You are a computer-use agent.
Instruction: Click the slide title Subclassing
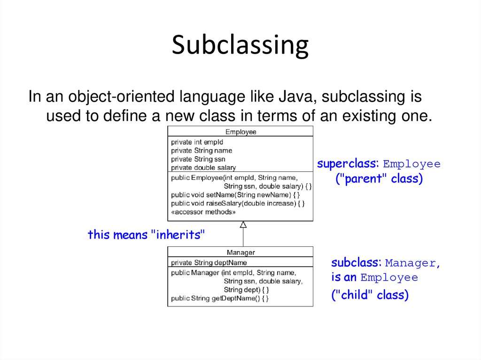point(240,46)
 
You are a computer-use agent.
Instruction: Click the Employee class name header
point(240,132)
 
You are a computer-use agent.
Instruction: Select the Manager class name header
point(240,253)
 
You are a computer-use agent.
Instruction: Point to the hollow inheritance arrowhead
point(243,225)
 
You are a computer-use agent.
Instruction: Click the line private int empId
point(197,142)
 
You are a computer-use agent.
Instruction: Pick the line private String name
point(201,151)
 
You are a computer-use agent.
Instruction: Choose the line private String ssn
point(198,159)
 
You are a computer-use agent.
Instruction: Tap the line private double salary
point(203,168)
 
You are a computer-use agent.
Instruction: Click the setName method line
point(235,194)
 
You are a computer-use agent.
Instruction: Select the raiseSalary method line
point(238,203)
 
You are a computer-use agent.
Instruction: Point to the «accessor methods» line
point(203,212)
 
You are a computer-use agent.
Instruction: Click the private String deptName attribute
point(209,263)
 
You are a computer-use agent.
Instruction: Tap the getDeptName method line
point(219,298)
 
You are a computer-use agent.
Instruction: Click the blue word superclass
point(348,164)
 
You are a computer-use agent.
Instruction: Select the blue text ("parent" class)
point(379,179)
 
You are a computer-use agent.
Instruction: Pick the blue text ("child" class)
point(370,295)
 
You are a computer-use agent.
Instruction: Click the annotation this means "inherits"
point(147,234)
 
